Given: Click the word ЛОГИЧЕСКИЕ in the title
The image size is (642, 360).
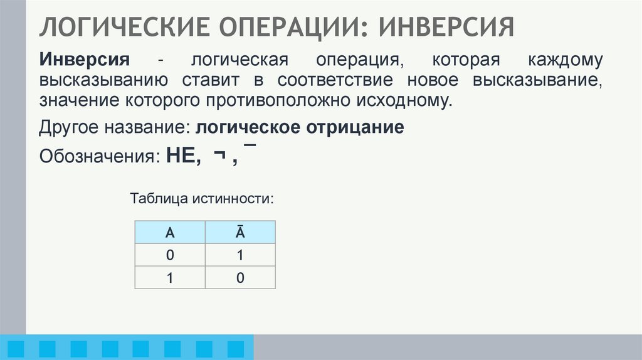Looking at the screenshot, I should (119, 27).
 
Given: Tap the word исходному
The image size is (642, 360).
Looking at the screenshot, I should (412, 100).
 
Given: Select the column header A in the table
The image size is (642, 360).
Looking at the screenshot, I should (169, 233).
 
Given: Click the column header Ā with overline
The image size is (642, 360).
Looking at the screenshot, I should (240, 233).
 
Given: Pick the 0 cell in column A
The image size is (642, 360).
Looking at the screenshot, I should (169, 255).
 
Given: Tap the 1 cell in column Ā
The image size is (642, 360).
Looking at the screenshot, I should (240, 255).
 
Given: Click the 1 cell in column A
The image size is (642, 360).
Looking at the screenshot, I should (169, 277).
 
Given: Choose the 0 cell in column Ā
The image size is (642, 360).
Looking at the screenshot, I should (240, 277).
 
